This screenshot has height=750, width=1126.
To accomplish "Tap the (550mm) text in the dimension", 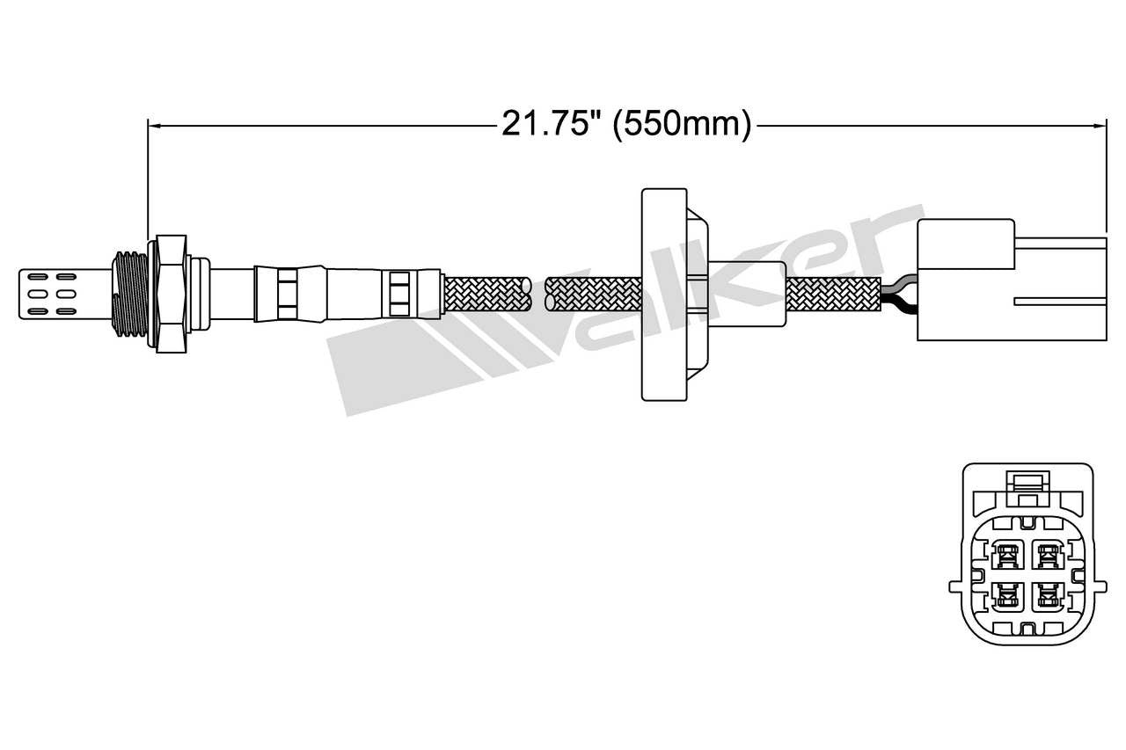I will [x=682, y=125].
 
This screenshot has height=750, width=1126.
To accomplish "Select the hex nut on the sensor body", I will [x=170, y=294].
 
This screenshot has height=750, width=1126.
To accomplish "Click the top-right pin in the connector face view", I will [x=1047, y=554].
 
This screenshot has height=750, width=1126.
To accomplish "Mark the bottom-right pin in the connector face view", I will [x=1047, y=597].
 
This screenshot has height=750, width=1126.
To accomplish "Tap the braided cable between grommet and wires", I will [x=832, y=294].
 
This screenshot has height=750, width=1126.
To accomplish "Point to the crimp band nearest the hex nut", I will [x=288, y=294].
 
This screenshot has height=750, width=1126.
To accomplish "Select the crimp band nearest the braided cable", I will [x=399, y=294].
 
